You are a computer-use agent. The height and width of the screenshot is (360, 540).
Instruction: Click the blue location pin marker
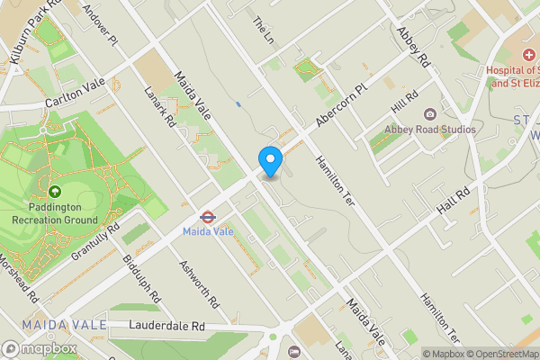point(271,161)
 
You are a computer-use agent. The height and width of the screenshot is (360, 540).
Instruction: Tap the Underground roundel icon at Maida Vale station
point(206,216)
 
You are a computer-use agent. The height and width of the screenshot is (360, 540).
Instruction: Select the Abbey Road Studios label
point(430,130)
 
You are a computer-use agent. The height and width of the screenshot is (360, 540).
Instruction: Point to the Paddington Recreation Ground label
point(55,213)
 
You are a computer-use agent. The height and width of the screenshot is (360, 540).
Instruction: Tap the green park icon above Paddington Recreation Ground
point(55,191)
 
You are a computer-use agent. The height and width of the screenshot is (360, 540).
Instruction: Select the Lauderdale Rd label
point(166,325)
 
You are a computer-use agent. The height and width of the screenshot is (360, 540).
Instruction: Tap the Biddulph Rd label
point(143,282)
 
